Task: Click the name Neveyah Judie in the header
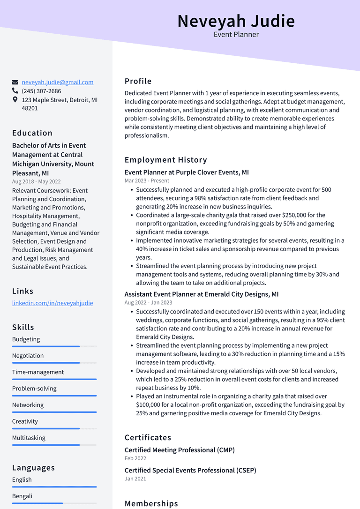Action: tap(236, 21)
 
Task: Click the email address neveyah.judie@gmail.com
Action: tap(57, 82)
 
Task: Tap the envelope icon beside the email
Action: tap(15, 82)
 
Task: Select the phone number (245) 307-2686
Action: tap(41, 91)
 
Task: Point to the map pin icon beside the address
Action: tap(15, 100)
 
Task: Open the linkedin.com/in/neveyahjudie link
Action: tap(52, 303)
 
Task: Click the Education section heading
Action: tap(32, 133)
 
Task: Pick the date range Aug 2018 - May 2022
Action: tap(36, 181)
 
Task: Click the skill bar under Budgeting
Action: tap(54, 346)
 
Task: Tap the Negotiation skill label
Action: tap(28, 355)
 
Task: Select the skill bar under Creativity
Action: tap(54, 428)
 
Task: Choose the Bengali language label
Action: tap(22, 496)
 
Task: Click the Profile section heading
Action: tap(138, 81)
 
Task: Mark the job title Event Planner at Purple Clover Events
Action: tap(187, 172)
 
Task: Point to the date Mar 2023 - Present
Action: tap(147, 180)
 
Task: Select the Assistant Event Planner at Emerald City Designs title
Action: tap(202, 294)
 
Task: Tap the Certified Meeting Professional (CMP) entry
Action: tap(180, 450)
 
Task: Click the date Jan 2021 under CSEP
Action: tap(135, 479)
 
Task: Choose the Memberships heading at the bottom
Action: tap(151, 503)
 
